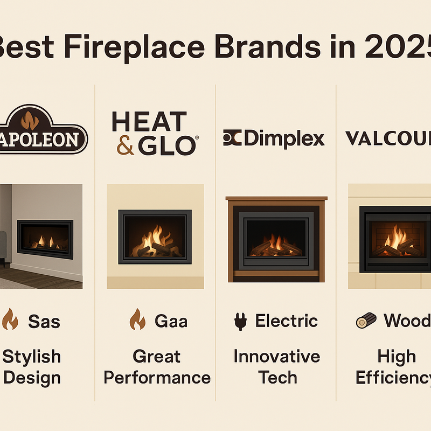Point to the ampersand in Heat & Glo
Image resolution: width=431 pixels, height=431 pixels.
(125, 145)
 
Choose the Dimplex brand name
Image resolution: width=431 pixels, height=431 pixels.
(283, 139)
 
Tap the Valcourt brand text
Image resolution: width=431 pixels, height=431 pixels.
(388, 139)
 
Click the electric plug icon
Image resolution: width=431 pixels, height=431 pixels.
(239, 322)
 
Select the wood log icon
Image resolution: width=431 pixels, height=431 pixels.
(367, 322)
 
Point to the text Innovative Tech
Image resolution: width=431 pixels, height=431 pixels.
(277, 366)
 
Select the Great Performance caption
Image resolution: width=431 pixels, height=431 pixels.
(157, 366)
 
